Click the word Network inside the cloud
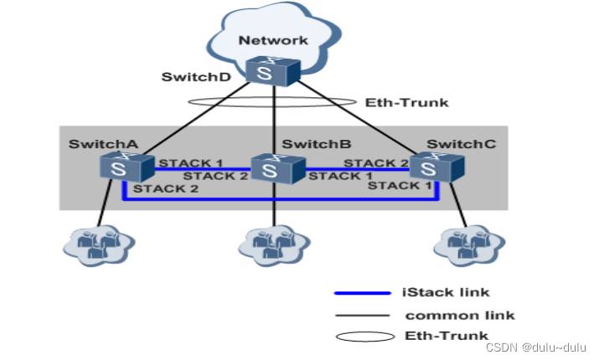click(273, 39)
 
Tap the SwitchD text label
click(191, 77)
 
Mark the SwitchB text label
click(309, 144)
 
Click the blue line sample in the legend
click(362, 293)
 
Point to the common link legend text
click(459, 315)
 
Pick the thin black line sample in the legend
click(362, 316)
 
